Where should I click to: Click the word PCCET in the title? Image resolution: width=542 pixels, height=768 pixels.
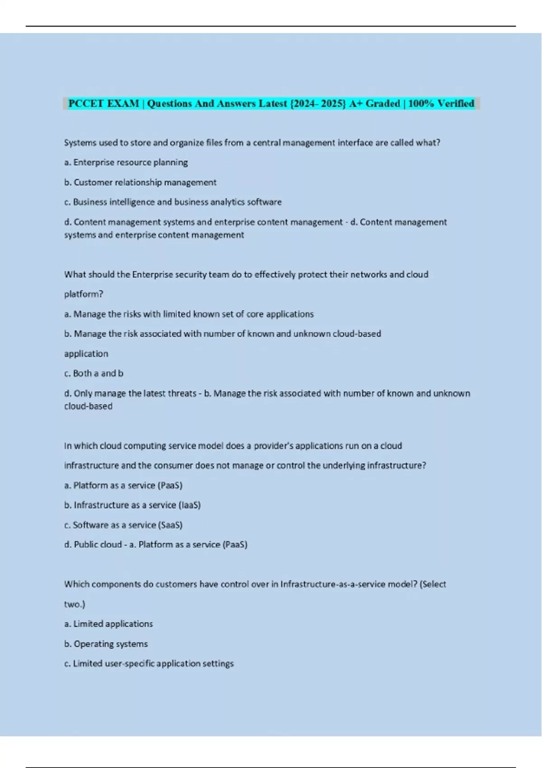pos(86,103)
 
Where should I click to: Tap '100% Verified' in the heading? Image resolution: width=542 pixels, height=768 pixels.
pos(441,103)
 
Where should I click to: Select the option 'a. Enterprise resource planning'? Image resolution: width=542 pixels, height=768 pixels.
pos(126,162)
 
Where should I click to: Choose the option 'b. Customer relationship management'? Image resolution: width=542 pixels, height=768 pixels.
pos(140,182)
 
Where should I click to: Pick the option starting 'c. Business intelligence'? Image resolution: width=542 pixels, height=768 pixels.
pos(173,202)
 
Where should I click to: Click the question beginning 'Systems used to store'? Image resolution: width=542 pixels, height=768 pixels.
pos(252,143)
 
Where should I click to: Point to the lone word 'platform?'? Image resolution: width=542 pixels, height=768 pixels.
pos(84,294)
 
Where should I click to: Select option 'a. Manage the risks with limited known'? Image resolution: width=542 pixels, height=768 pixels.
pos(189,314)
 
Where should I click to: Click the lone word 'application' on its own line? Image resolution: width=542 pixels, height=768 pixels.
pos(86,354)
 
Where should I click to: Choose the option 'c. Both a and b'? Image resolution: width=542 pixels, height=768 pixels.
pos(93,374)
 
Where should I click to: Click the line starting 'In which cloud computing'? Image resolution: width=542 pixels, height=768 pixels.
pos(233,446)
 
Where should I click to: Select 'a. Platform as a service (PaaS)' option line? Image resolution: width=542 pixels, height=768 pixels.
pos(123,486)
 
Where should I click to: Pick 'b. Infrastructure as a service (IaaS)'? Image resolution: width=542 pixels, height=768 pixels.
pos(132,505)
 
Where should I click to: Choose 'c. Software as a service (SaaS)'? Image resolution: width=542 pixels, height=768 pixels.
pos(123,525)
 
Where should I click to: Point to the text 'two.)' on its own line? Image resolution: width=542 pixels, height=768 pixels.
pos(75,604)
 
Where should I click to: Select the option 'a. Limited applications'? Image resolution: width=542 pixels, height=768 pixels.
pos(108,624)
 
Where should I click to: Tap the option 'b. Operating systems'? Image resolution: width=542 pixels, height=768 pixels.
pos(106,644)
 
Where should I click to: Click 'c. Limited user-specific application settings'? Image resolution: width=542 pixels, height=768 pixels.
pos(149,664)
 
